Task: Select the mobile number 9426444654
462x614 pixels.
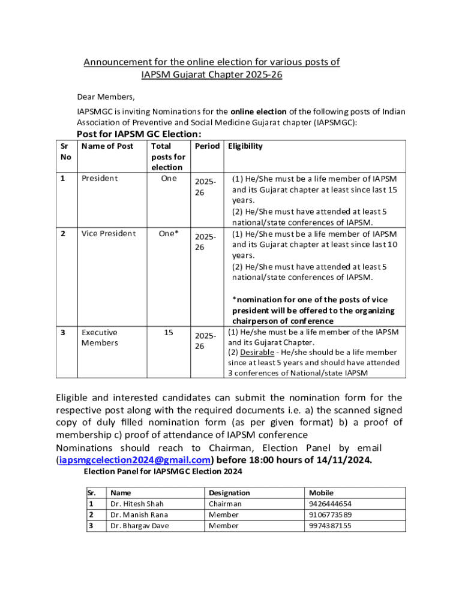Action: [330, 504]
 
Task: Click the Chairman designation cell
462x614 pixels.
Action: [225, 504]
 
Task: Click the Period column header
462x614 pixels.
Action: [207, 146]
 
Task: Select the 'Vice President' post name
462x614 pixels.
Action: [109, 233]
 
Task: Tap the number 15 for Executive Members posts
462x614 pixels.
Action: [169, 332]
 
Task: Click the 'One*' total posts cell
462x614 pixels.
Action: [169, 233]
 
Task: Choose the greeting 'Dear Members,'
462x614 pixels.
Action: [106, 97]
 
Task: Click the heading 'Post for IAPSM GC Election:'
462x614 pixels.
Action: [139, 134]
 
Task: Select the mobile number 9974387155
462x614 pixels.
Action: [330, 525]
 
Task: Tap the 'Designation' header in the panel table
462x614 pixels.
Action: [229, 492]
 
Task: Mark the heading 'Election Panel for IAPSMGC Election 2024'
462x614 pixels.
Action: [163, 471]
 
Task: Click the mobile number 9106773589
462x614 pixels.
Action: [330, 514]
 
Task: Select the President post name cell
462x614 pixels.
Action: [100, 178]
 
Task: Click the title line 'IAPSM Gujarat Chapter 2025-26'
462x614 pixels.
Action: [212, 75]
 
